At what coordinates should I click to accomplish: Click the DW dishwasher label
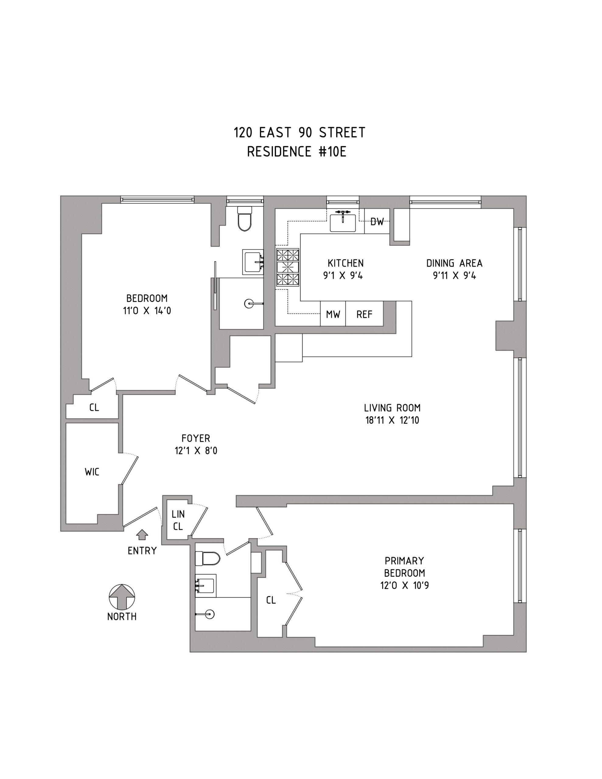point(377,222)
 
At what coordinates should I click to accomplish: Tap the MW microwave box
point(333,313)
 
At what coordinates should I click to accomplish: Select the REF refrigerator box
point(364,313)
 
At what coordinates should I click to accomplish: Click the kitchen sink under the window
point(343,222)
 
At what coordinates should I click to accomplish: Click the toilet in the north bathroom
point(245,218)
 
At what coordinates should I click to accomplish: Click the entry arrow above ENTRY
point(142,534)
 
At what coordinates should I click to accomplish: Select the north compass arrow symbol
point(122,597)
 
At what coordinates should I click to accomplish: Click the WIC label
point(92,472)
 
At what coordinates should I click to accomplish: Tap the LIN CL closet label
point(178,520)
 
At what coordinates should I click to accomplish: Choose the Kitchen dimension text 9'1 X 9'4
point(343,276)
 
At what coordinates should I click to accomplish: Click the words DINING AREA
point(454,263)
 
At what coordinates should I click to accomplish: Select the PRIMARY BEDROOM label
point(404,567)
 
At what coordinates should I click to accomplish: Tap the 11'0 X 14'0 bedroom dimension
point(147,311)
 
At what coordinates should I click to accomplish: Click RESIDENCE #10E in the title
point(297,152)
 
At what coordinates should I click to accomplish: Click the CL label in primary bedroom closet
point(271,600)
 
